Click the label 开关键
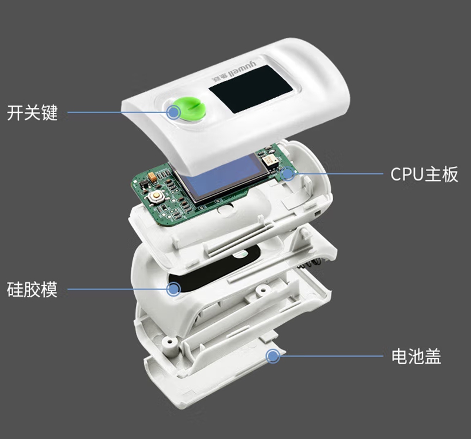point(32,113)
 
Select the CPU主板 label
point(424,174)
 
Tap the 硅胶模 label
point(32,289)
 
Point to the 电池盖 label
point(416,357)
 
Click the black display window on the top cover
point(251,90)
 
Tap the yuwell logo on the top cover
point(234,72)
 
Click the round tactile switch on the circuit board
point(156,196)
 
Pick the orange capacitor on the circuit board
point(152,177)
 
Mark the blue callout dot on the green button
point(173,113)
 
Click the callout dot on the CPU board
point(288,173)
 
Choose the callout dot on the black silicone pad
point(173,289)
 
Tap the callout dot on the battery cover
point(273,356)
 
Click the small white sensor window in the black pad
point(240,255)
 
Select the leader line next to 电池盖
point(331,356)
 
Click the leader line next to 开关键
point(117,113)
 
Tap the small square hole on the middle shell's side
point(317,213)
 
